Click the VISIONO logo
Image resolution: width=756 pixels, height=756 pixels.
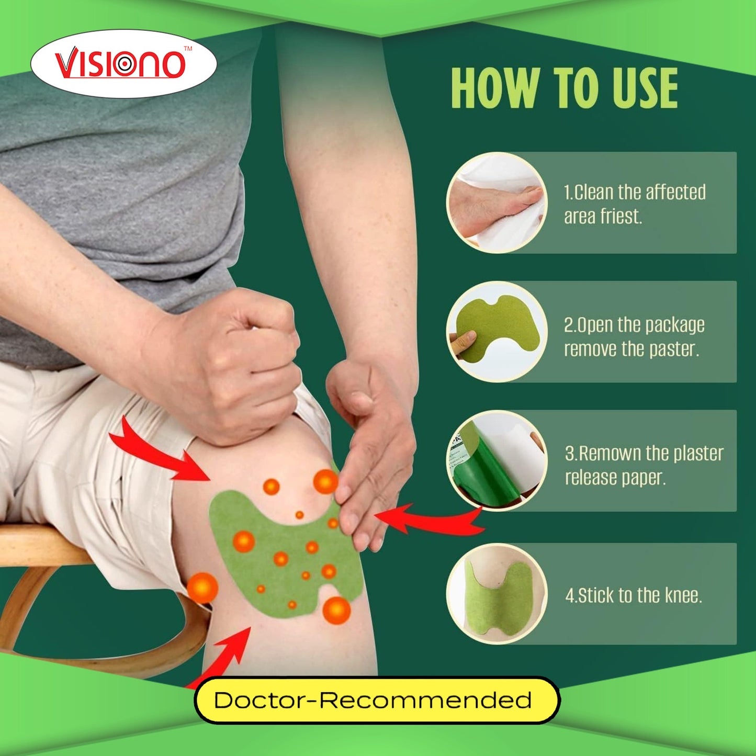123,64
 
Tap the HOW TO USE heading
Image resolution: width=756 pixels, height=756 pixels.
564,88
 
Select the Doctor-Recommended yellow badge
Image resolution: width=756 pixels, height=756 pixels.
376,700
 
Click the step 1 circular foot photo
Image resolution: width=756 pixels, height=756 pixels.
497,203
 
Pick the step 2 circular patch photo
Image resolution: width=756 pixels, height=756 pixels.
497,332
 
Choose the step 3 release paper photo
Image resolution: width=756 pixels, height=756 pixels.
497,460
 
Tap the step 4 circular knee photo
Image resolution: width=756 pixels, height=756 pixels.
497,594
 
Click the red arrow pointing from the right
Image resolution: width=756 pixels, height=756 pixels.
429,521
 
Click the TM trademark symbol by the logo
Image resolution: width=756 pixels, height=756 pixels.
188,49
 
